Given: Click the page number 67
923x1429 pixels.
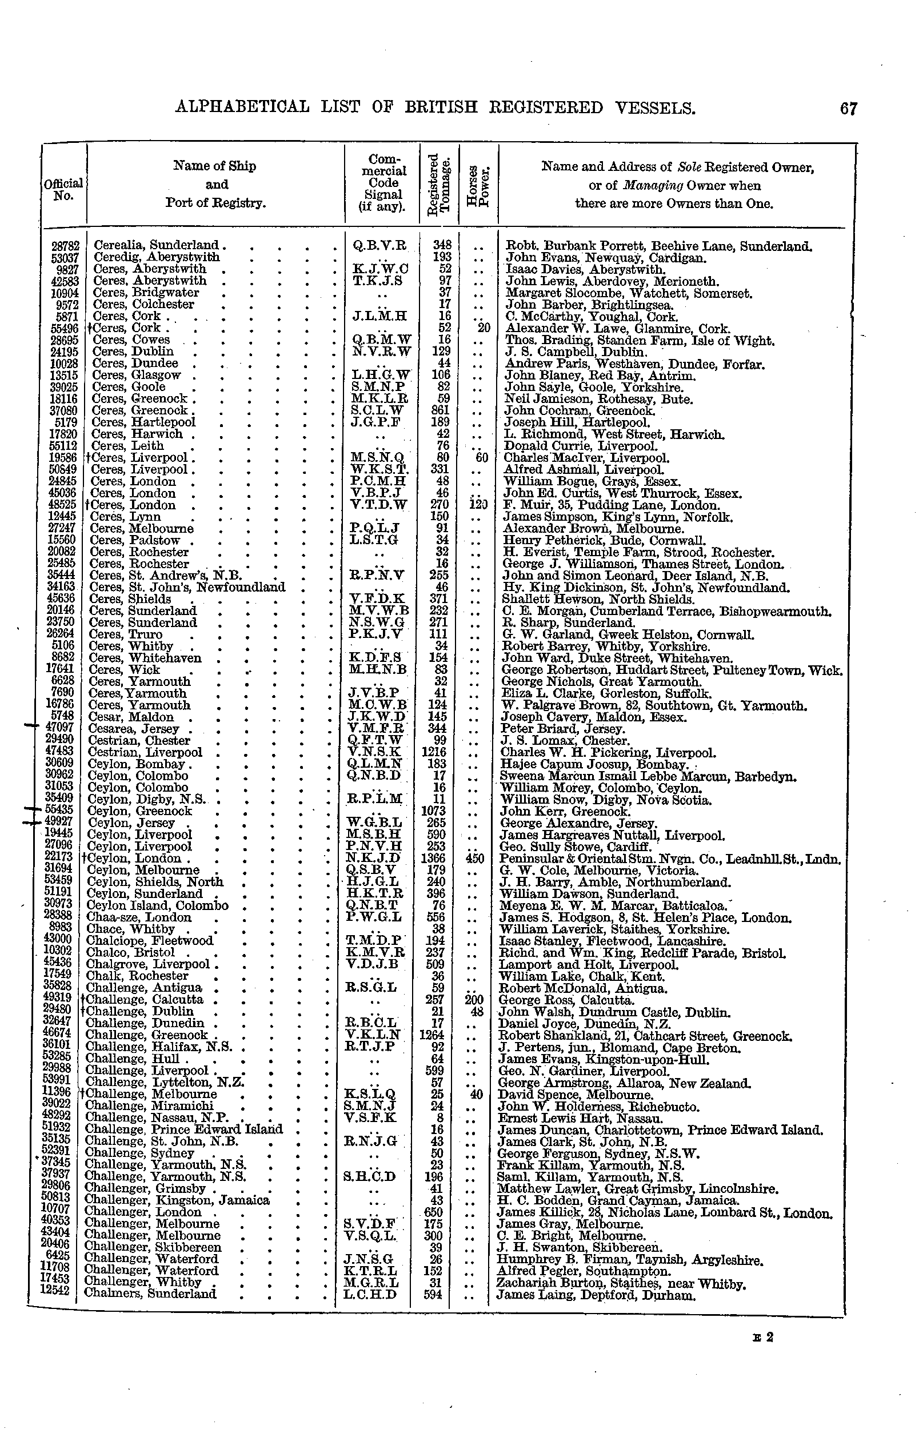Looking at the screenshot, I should coord(848,109).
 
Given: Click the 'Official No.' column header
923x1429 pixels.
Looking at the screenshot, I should coord(63,189).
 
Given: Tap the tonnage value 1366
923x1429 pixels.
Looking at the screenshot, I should coord(435,859).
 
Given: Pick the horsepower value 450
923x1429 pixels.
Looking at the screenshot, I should coord(478,859).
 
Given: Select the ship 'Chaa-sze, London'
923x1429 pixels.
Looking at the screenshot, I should coord(139,917).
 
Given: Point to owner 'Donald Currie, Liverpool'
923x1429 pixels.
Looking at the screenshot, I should coord(581,446).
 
